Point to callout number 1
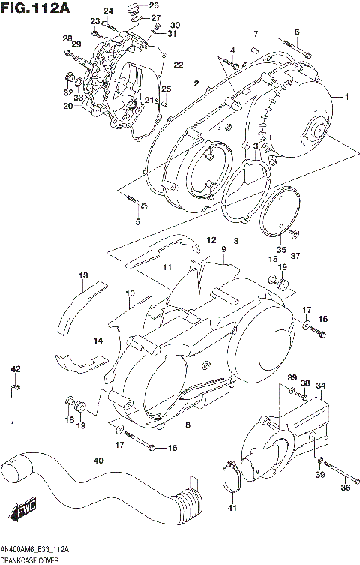click(346, 97)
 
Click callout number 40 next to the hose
click(97, 460)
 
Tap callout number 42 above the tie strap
click(15, 368)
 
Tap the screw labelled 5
click(137, 202)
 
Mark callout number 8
click(188, 425)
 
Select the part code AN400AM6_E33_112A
click(37, 550)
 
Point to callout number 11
click(167, 266)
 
